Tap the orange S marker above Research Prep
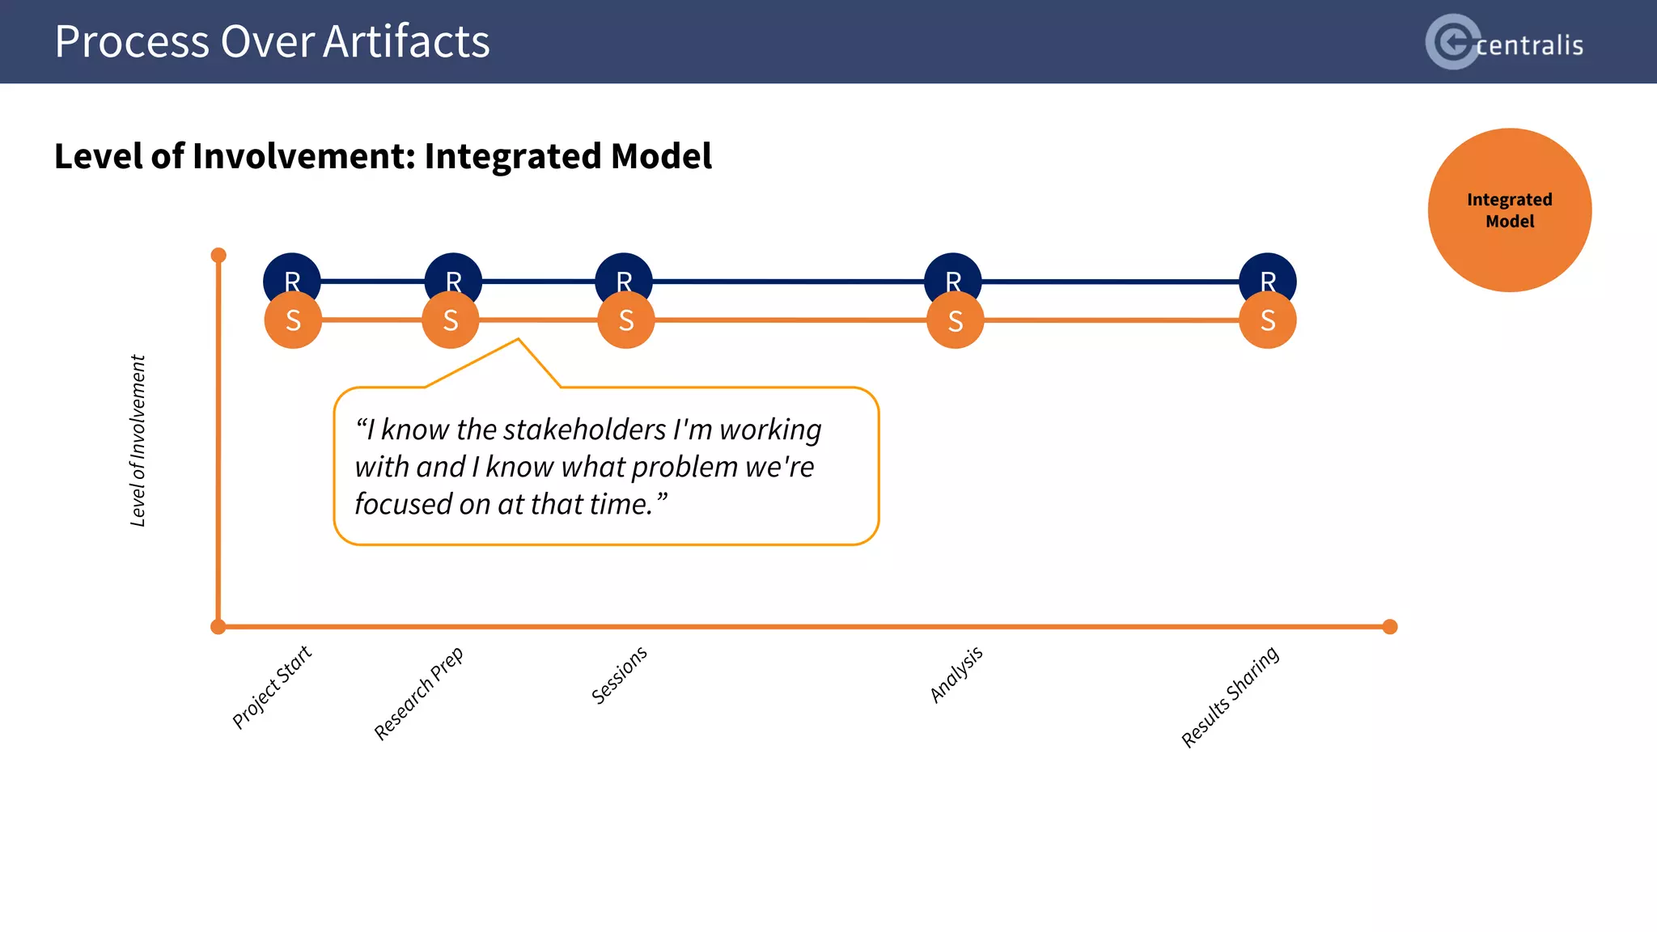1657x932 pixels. tap(451, 321)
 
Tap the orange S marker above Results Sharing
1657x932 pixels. tap(1268, 321)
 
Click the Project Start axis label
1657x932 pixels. tap(272, 688)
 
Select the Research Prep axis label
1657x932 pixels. tap(418, 693)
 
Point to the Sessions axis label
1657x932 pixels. tap(619, 675)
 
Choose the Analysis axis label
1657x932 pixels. tap(956, 674)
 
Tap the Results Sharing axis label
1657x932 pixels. tap(1230, 697)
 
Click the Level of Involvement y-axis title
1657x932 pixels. tap(138, 441)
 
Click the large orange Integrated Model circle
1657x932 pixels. tap(1509, 210)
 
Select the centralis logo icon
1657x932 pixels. tap(1452, 42)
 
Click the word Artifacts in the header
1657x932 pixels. tap(406, 42)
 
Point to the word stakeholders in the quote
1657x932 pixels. tap(586, 430)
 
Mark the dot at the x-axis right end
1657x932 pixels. tap(1390, 627)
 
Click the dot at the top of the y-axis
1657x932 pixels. tap(218, 256)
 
